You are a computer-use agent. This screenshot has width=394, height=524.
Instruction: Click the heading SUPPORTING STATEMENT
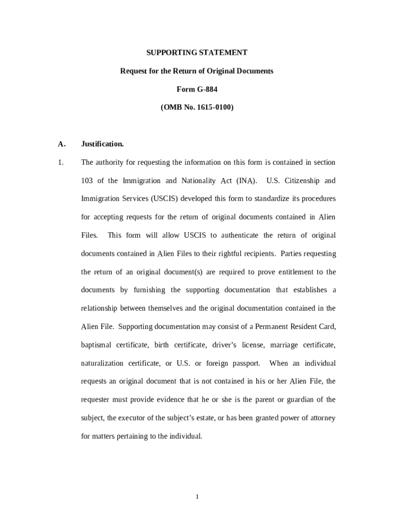[x=197, y=53]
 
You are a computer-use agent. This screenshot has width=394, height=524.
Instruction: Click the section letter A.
[x=61, y=144]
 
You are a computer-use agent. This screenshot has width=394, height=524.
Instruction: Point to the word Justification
[x=102, y=144]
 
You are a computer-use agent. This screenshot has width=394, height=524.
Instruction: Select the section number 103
[x=87, y=181]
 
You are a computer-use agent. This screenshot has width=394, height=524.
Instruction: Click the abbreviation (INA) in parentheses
[x=246, y=181]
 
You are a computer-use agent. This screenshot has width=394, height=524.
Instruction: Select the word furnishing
[x=149, y=290]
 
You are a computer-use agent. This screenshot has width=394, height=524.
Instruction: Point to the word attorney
[x=321, y=418]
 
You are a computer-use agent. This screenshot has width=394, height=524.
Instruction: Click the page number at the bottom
[x=197, y=497]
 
